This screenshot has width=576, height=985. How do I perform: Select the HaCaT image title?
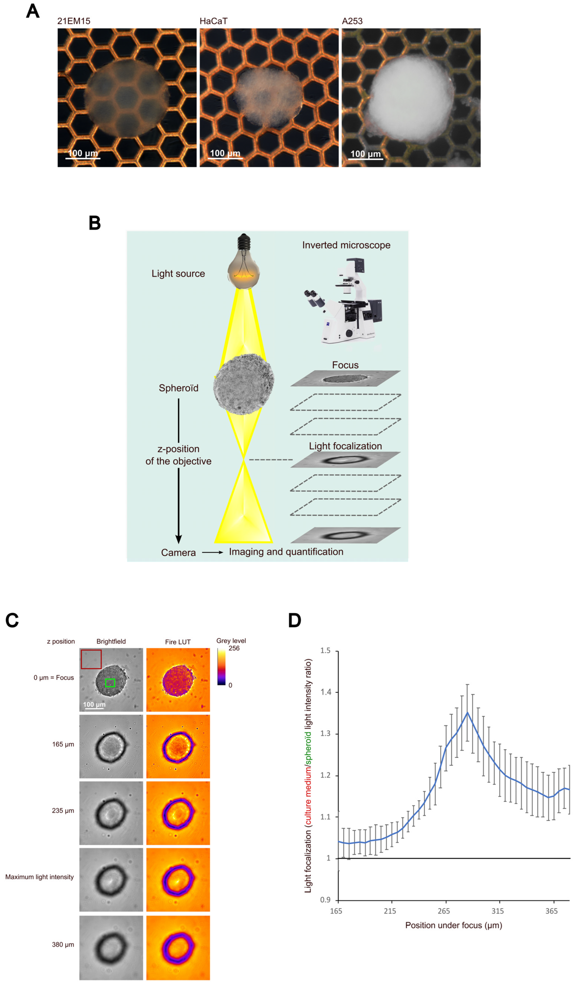213,21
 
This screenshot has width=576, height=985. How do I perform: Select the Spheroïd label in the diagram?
179,388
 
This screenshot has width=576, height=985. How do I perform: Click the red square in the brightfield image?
91,659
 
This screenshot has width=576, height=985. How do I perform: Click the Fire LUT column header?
178,642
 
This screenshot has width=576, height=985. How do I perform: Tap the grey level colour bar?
221,666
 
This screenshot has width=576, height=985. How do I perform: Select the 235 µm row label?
63,811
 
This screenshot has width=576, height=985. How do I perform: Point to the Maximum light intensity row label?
39,877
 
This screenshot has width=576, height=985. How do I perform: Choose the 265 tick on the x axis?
444,911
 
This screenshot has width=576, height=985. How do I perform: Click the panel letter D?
295,620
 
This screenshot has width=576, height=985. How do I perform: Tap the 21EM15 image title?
74,21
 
